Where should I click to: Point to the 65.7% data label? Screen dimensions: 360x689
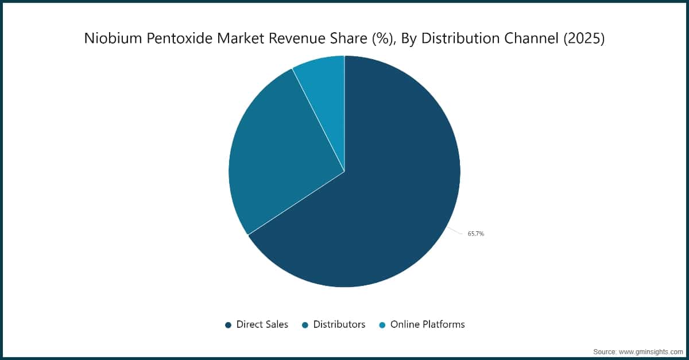[x=475, y=234]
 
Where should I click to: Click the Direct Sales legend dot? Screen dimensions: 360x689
[x=228, y=325]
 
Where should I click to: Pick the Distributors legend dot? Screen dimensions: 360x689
[x=305, y=325]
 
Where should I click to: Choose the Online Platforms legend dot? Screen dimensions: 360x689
[x=382, y=325]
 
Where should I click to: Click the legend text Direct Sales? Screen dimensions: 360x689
[x=262, y=324]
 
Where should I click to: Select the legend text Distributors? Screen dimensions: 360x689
[x=339, y=324]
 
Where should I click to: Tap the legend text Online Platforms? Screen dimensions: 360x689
[x=428, y=324]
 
